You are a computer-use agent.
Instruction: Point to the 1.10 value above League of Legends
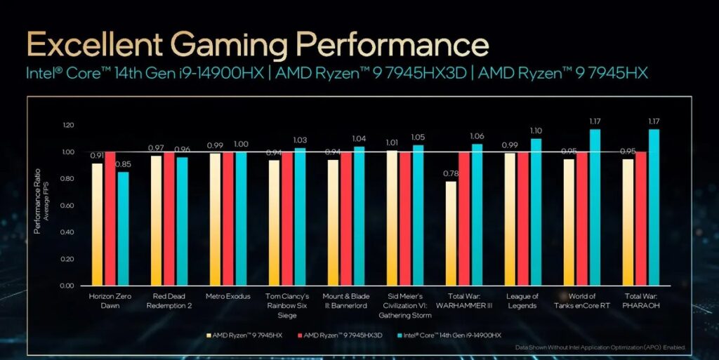[536, 131]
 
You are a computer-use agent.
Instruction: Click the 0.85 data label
[123, 165]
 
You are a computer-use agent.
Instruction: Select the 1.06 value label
[477, 136]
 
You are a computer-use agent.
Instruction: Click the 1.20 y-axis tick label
[67, 125]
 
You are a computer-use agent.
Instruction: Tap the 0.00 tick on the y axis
[67, 286]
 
